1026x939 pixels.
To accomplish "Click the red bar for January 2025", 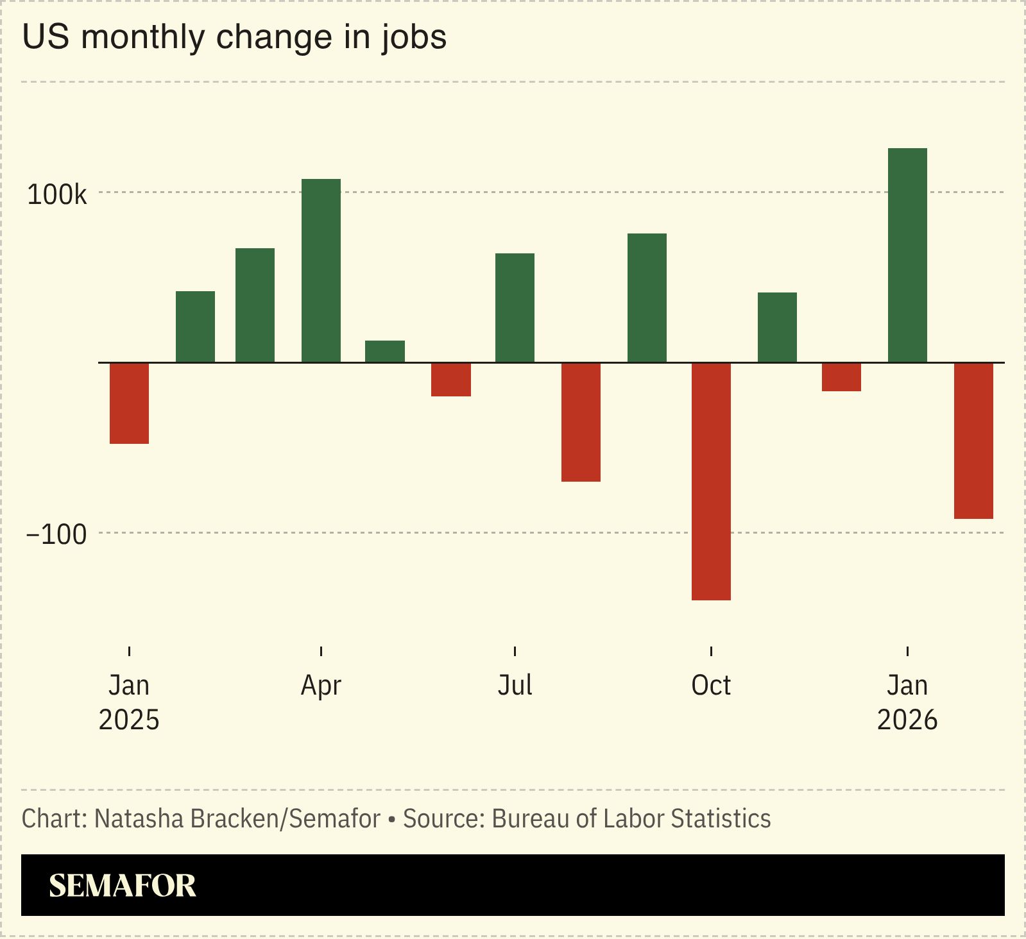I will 129,403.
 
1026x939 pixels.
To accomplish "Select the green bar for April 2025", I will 321,271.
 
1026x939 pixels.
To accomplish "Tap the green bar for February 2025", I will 195,327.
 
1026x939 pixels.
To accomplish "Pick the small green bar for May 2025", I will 385,351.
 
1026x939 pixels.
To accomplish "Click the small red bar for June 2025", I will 450,380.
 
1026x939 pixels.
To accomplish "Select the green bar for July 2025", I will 515,308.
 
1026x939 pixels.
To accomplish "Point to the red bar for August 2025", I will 581,422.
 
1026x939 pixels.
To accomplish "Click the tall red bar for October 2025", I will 711,481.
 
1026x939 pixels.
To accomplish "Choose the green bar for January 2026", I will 907,255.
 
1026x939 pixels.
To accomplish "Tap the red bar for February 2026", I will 973,441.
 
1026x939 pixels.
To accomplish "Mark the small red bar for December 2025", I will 841,377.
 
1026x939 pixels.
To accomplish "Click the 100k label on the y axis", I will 56,195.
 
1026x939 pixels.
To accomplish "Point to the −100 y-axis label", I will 56,534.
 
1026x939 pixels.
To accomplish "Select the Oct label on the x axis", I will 711,686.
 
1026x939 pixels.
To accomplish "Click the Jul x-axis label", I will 515,686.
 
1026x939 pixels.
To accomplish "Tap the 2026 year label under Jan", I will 907,720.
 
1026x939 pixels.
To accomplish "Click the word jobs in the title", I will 414,37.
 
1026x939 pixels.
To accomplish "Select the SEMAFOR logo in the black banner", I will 123,886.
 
